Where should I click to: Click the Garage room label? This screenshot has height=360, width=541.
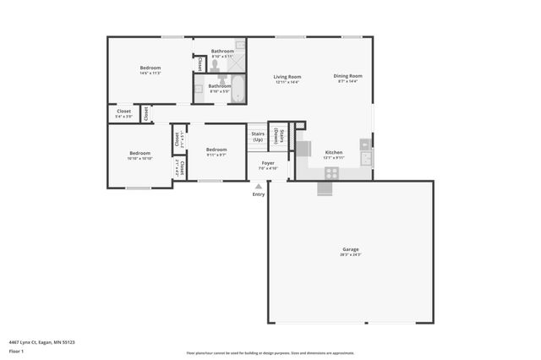coord(351,248)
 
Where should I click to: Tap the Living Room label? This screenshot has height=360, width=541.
coord(287,77)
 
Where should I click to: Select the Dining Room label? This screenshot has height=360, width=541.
coord(347,76)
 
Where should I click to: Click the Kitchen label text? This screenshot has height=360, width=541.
coord(334,152)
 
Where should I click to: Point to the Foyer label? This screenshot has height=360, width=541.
coord(268,162)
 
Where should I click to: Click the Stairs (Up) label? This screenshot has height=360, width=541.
coord(258,136)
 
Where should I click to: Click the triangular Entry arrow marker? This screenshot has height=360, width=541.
coord(259,186)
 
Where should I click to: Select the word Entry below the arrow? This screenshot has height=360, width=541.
coord(259,194)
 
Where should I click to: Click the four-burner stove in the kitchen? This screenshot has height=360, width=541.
coord(331,172)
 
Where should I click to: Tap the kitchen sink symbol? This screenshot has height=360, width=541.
coord(366,157)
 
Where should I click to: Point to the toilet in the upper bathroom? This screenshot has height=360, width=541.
coord(216,64)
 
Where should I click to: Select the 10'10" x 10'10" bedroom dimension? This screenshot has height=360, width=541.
coord(139,159)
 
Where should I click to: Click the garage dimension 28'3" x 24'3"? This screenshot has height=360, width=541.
coord(351,254)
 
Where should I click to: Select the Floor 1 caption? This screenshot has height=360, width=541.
coord(16,351)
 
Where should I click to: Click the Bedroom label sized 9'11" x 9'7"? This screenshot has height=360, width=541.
coord(216,149)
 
